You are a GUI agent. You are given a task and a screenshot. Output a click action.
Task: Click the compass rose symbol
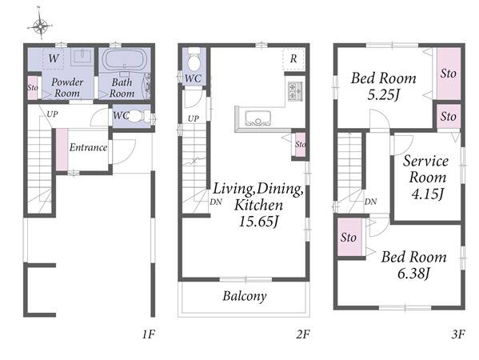point(41,26)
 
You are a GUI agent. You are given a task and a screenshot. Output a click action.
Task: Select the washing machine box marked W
point(53,58)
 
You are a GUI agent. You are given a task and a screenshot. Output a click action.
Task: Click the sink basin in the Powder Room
point(82,57)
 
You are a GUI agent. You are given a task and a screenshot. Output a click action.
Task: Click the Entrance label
point(88,148)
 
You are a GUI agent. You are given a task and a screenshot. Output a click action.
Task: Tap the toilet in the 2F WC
point(194,60)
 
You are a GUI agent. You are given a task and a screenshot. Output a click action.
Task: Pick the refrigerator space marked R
point(293,58)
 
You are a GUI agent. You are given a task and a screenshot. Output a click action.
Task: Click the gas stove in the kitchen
point(295,91)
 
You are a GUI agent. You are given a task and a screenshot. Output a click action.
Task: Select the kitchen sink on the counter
point(258,118)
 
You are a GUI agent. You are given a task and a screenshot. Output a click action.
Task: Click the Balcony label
point(245,296)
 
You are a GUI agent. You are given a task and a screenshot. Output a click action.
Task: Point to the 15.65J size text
point(258,222)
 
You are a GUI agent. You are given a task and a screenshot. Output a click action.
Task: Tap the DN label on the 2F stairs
point(216,202)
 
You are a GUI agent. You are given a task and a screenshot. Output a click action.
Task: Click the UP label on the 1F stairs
point(52,114)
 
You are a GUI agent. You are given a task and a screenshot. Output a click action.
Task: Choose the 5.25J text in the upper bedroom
point(383,95)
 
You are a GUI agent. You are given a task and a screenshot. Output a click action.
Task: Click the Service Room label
point(426,169)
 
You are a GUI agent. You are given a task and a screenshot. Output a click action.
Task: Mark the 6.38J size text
point(413,274)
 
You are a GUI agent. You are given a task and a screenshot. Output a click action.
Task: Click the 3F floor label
point(458,334)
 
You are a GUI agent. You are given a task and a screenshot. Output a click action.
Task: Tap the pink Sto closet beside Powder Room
point(32,88)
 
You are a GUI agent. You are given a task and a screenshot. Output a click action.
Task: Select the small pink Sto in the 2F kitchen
point(300,145)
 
